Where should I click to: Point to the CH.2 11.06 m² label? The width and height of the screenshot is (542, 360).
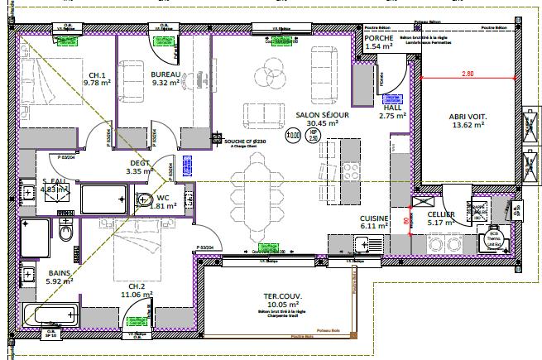point(136,289)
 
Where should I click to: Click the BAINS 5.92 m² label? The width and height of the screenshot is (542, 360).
point(60,276)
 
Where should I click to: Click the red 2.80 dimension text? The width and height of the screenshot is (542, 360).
point(468,74)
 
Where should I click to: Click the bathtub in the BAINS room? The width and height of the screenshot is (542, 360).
point(50,315)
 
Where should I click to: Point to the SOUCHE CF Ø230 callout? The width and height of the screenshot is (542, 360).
point(245,142)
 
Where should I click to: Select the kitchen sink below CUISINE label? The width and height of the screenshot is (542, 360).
point(362,243)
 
